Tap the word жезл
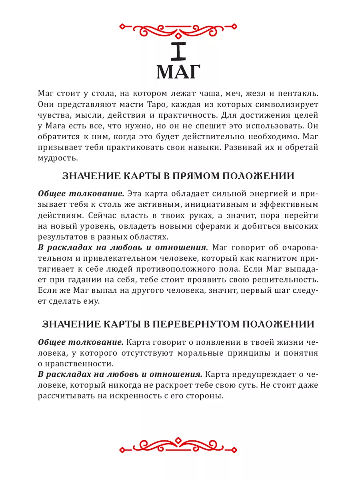point(250,94)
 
